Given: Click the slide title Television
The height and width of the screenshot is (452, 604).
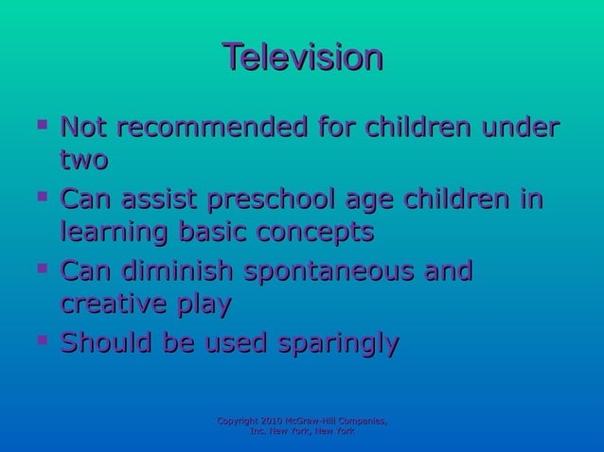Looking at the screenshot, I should click(302, 58).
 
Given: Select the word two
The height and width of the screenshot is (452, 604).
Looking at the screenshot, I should click(83, 160).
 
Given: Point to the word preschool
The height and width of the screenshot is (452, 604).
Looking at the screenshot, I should click(285, 201).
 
